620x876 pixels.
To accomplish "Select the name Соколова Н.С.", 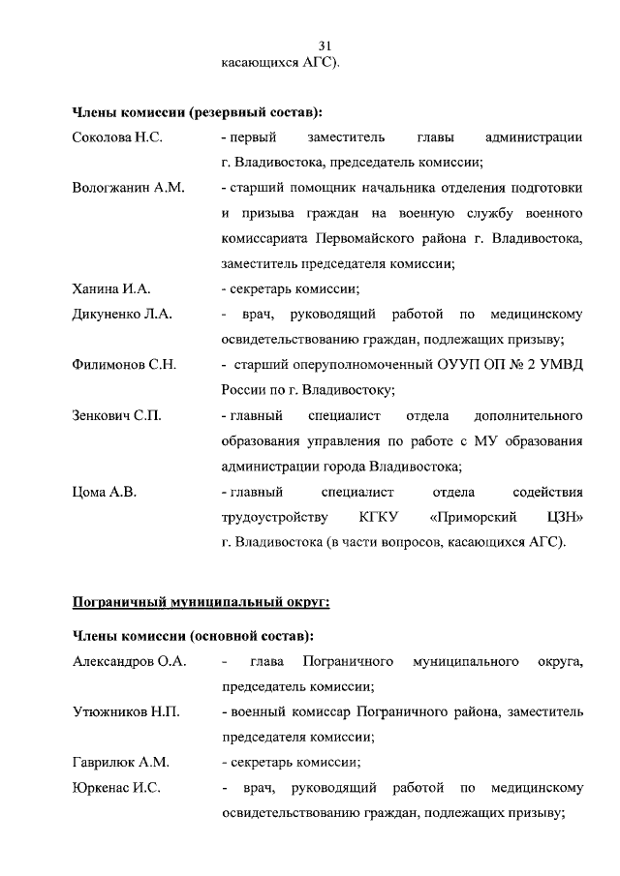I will (x=117, y=138).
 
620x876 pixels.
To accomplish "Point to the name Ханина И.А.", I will (x=111, y=288).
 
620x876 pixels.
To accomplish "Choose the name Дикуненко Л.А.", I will (x=122, y=315).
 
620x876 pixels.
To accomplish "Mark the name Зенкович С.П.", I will (x=117, y=415).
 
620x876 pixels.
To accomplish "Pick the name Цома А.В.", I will (x=104, y=492).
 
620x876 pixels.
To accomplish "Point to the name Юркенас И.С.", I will (x=116, y=788).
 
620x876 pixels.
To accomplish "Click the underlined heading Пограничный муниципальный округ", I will (x=201, y=602).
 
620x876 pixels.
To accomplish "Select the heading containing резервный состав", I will (x=198, y=112).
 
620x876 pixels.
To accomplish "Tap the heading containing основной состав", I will (x=193, y=636).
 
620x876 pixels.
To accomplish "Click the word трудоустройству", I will (x=275, y=517).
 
